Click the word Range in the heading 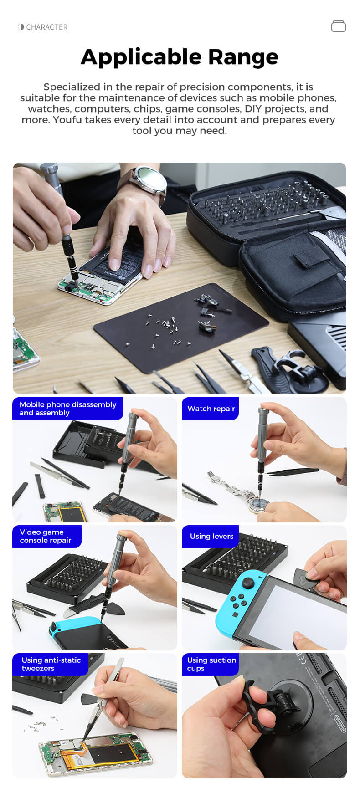[243, 57]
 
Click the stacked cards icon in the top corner [339, 26]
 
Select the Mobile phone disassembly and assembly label [68, 409]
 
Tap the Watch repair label [211, 409]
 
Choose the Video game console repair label [46, 536]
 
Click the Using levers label [211, 536]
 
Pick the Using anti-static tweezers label [51, 664]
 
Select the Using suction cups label [211, 664]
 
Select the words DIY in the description [253, 109]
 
